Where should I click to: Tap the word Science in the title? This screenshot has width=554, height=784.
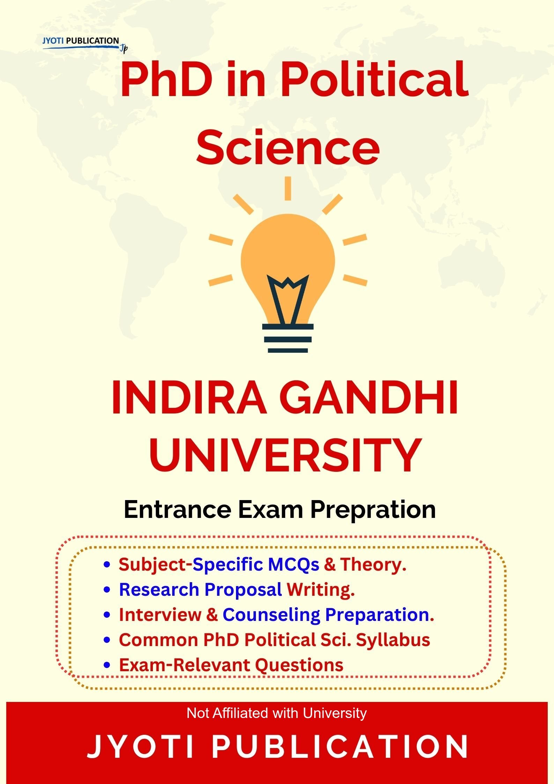[x=288, y=147]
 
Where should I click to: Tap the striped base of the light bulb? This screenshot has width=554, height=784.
[x=288, y=338]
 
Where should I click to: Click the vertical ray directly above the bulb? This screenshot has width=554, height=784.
[x=288, y=188]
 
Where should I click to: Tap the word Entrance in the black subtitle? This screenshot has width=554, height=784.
[x=177, y=510]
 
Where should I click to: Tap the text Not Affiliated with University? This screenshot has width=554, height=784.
[x=277, y=713]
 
